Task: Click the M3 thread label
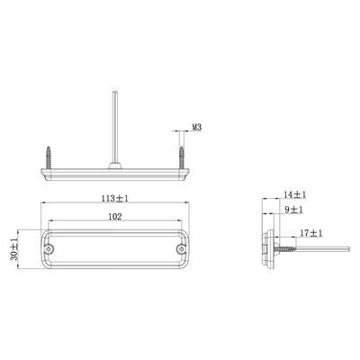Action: pyautogui.click(x=196, y=127)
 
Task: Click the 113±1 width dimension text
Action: pyautogui.click(x=114, y=198)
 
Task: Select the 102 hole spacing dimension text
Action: pyautogui.click(x=115, y=216)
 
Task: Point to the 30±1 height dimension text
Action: pyautogui.click(x=13, y=249)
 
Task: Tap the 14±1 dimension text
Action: pyautogui.click(x=294, y=194)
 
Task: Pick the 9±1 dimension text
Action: pyautogui.click(x=293, y=210)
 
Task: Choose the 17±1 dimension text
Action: pyautogui.click(x=311, y=233)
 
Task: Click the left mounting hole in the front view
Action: pyautogui.click(x=49, y=248)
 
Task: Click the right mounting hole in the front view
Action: pyautogui.click(x=181, y=248)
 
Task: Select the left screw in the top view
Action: pyautogui.click(x=49, y=157)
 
